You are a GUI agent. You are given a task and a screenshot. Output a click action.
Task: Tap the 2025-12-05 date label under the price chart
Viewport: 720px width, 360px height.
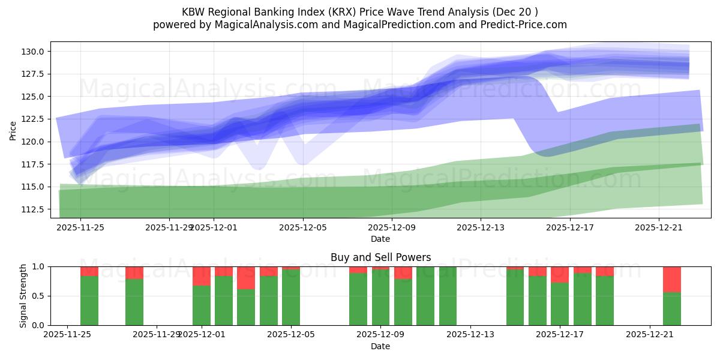point(302,227)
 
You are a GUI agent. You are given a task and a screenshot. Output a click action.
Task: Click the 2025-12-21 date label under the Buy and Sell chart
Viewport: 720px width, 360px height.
point(650,335)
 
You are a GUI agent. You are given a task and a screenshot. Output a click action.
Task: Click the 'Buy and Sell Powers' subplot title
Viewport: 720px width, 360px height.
point(380,257)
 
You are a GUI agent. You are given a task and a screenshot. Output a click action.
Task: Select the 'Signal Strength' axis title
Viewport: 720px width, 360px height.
point(23,296)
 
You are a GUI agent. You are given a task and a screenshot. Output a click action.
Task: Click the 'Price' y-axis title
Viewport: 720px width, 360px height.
point(13,130)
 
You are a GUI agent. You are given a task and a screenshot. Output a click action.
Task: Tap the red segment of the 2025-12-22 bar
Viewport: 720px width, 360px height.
point(672,279)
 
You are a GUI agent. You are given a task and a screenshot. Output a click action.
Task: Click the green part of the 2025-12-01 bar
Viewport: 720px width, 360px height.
point(202,305)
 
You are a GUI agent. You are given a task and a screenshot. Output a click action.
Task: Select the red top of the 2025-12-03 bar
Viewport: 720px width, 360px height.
point(246,278)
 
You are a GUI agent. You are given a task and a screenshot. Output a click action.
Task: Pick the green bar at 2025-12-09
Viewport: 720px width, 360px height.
point(381,298)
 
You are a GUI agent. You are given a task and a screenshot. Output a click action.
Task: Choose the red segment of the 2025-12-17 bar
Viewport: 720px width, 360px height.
point(559,275)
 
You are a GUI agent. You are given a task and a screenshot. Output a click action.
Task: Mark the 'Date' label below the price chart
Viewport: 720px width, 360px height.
point(380,239)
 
